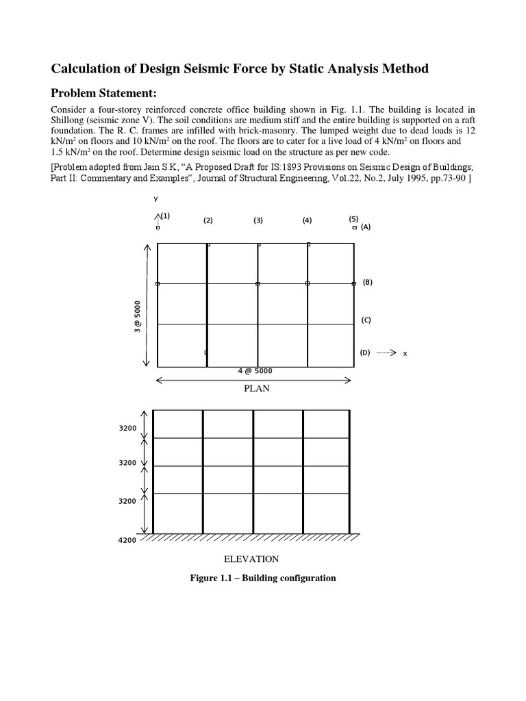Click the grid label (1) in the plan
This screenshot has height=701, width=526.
pyautogui.click(x=165, y=216)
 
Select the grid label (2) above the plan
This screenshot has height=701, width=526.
pyautogui.click(x=208, y=220)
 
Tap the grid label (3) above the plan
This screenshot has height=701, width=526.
pyautogui.click(x=258, y=220)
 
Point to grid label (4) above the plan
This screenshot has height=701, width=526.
pyautogui.click(x=308, y=220)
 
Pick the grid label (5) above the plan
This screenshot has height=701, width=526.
pyautogui.click(x=353, y=218)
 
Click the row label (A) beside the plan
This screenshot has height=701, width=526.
pyautogui.click(x=366, y=227)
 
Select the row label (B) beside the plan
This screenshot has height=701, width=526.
pyautogui.click(x=367, y=281)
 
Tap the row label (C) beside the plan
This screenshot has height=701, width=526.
pyautogui.click(x=366, y=320)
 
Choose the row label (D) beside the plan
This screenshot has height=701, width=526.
pyautogui.click(x=365, y=353)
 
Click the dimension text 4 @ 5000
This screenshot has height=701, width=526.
pyautogui.click(x=255, y=371)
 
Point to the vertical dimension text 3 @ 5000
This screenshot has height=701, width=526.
pyautogui.click(x=138, y=317)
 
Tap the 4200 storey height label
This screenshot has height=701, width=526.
pyautogui.click(x=128, y=540)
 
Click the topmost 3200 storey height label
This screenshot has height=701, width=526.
pyautogui.click(x=128, y=429)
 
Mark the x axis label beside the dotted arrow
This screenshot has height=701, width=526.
pyautogui.click(x=405, y=353)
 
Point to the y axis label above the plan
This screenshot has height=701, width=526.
pyautogui.click(x=156, y=199)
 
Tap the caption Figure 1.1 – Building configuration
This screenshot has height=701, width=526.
pyautogui.click(x=263, y=578)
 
